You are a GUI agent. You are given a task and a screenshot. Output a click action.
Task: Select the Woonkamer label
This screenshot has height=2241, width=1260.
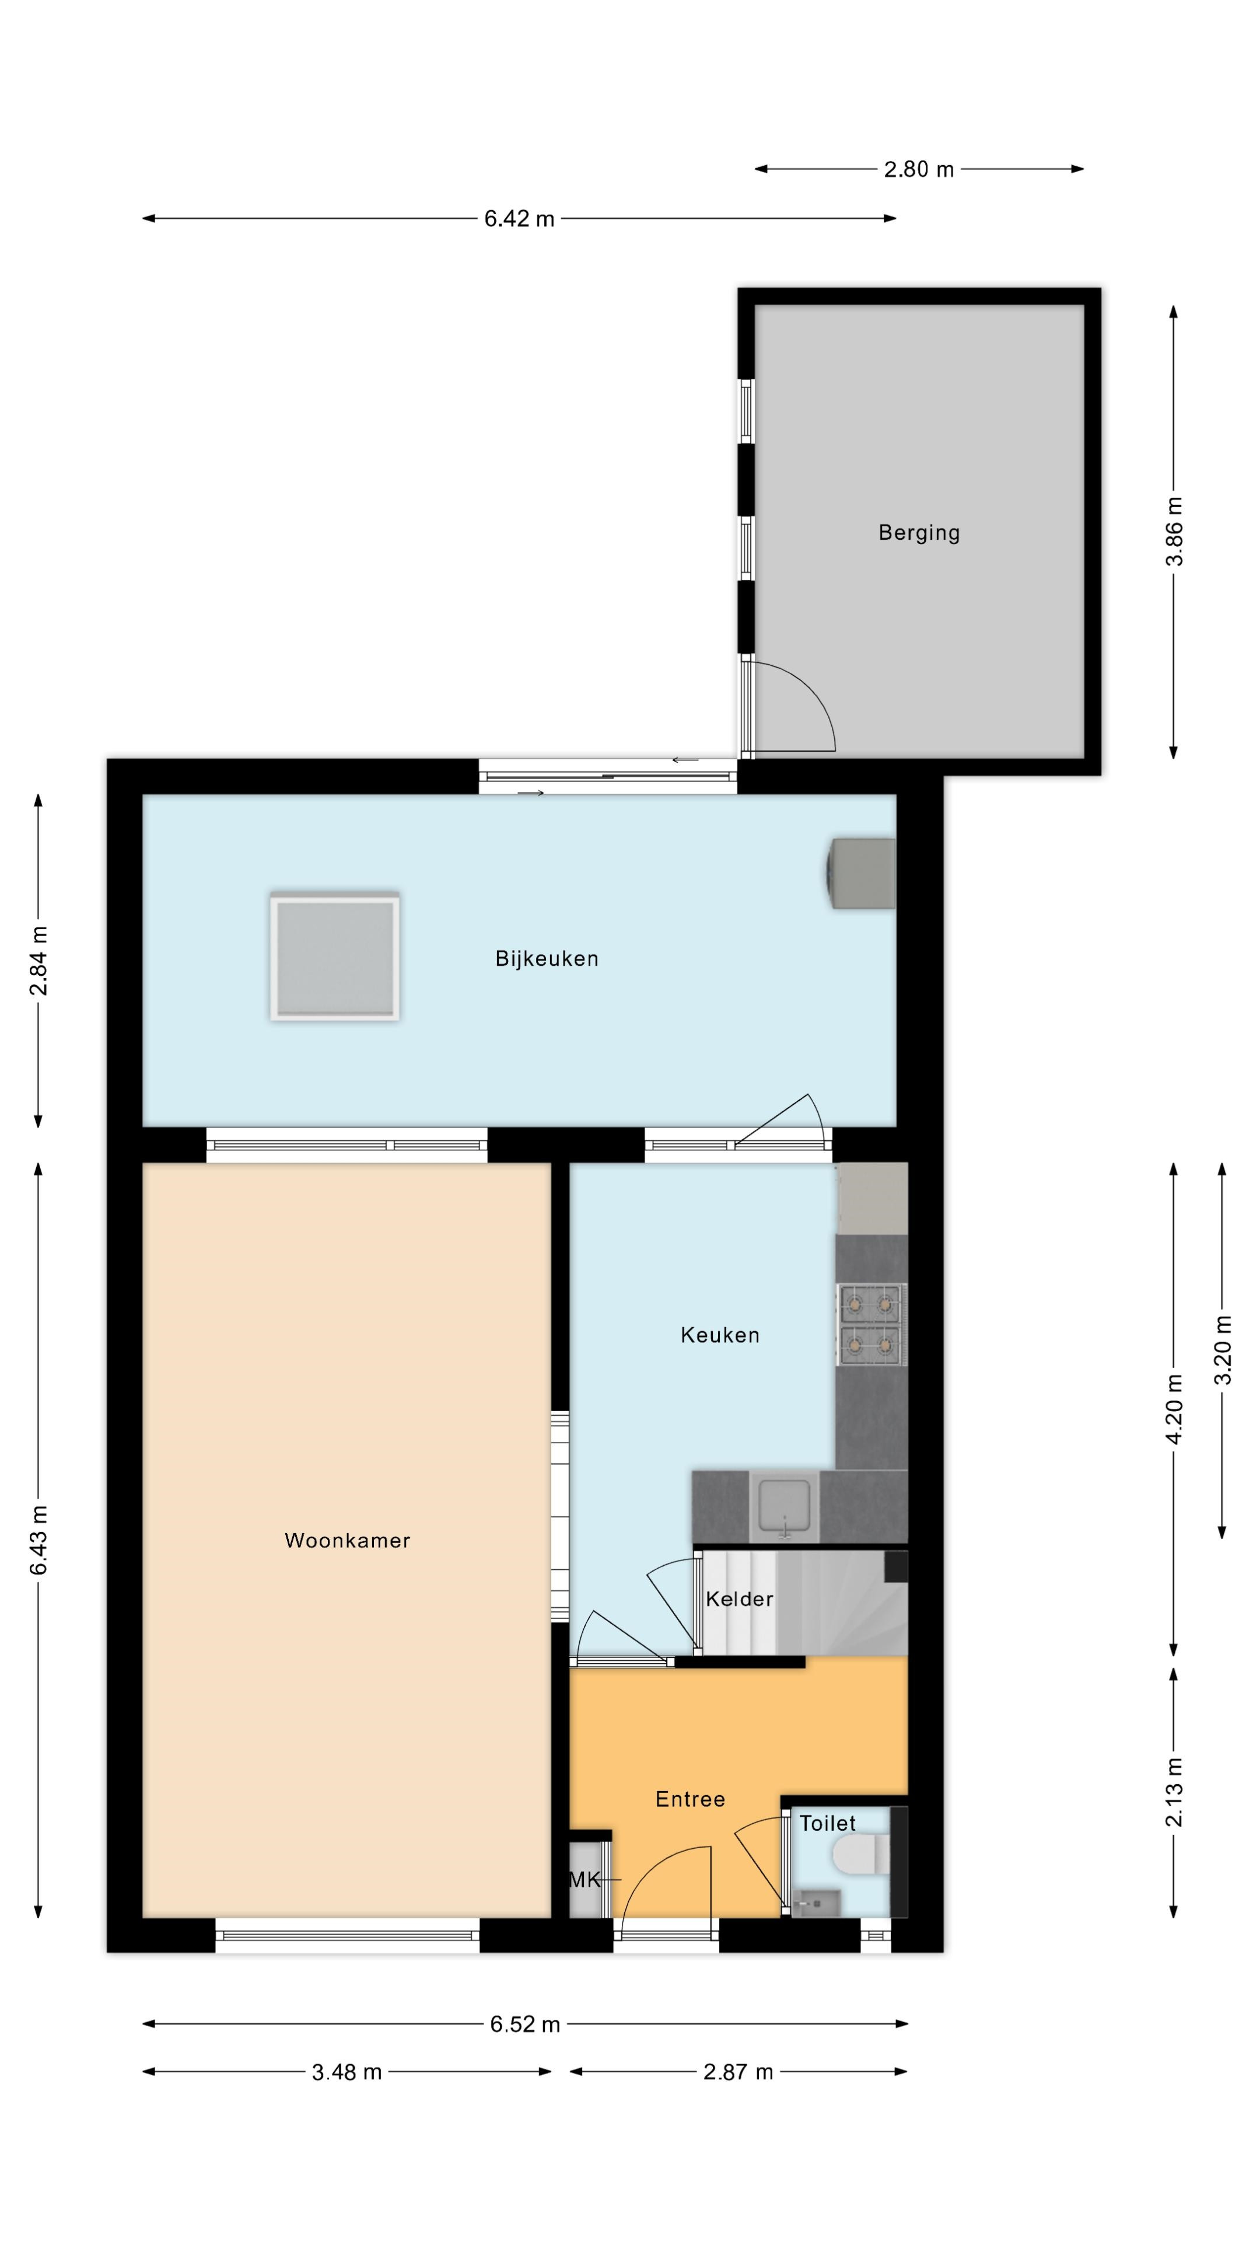click(x=347, y=1541)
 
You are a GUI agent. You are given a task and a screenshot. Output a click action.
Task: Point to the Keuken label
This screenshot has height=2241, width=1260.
click(x=720, y=1335)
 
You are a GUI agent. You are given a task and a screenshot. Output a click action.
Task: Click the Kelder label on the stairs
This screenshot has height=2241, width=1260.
click(x=739, y=1599)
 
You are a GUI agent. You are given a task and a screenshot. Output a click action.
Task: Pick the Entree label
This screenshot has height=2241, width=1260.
click(x=689, y=1799)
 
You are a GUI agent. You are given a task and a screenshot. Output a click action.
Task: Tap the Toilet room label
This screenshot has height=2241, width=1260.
click(x=827, y=1823)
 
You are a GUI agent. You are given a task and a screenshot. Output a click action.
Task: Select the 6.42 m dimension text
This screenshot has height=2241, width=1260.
click(x=519, y=218)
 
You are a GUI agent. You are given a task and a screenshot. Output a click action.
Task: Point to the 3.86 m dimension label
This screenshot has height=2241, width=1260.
click(x=1174, y=532)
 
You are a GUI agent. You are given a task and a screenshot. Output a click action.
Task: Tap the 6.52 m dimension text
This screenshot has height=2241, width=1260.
click(x=524, y=2024)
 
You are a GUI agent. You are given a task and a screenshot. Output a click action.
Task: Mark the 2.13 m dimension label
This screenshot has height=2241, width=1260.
click(x=1174, y=1792)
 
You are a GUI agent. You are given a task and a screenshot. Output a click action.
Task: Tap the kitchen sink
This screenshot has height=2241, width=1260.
click(x=785, y=1507)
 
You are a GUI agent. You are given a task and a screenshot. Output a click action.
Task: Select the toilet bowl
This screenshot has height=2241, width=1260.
click(x=861, y=1854)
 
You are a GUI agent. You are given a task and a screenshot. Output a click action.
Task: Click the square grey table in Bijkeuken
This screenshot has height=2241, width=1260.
click(x=335, y=956)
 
